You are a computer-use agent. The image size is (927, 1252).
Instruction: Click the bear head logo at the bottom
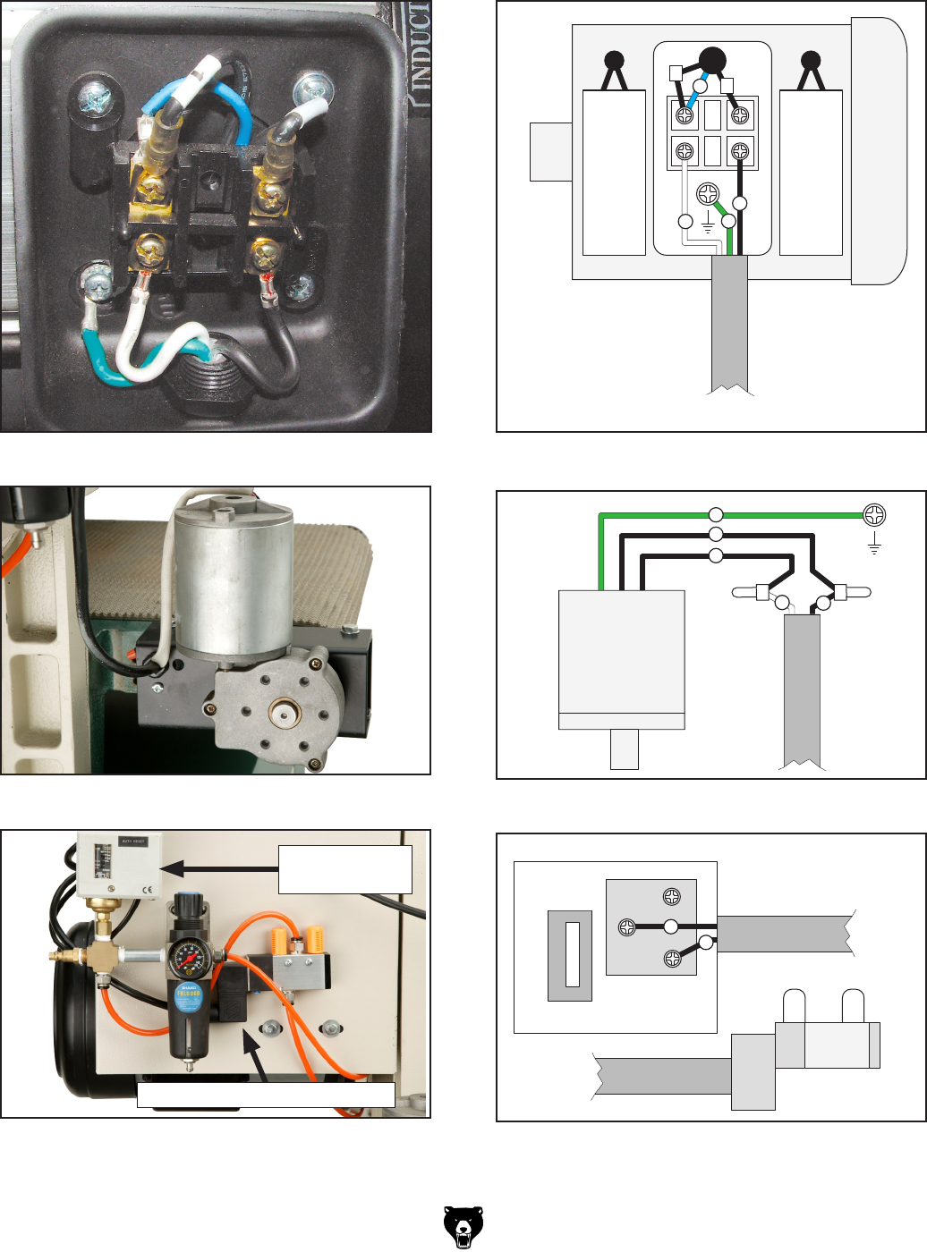coord(463,1227)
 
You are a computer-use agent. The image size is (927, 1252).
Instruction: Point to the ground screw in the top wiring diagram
coord(708,194)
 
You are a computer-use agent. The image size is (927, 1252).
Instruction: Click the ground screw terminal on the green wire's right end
coord(874,514)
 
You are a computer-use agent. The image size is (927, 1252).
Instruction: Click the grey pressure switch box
coord(118,865)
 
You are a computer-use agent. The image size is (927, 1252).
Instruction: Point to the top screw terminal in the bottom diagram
coord(672,897)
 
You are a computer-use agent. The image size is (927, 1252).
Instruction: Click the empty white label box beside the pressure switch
coord(344,868)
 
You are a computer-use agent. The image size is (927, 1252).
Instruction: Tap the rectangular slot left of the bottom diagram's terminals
coord(573,954)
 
